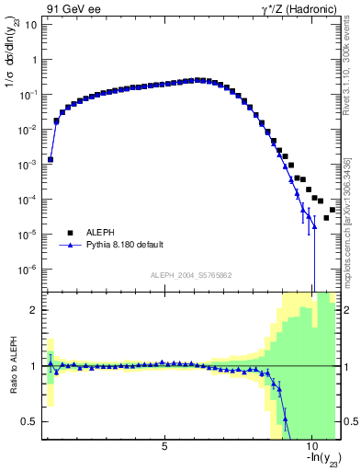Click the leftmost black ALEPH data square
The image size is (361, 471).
[x=51, y=159]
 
